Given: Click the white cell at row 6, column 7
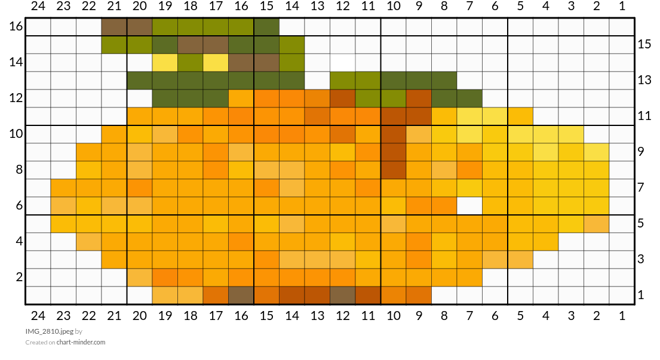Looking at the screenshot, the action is pos(469,206).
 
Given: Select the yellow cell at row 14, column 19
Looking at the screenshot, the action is pos(165,63).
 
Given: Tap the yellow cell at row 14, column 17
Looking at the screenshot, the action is pos(216,63).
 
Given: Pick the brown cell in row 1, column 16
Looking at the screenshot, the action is pos(241,296).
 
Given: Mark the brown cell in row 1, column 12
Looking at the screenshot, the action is pos(343,296).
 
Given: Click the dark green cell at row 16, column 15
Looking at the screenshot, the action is pos(266,27).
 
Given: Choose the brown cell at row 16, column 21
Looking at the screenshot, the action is pos(114,27).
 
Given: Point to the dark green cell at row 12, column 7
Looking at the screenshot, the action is pos(469,99).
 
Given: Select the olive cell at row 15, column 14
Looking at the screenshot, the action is pos(292,45).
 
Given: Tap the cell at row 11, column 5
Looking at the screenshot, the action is pos(520,116).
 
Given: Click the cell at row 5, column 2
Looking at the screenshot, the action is pos(597,224).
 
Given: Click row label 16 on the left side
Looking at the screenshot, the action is pos(16,26).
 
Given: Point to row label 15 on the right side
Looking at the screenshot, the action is pos(644,44).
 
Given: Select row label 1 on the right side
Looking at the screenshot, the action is pos(641,294).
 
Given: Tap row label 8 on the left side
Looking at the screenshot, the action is pos(19,169).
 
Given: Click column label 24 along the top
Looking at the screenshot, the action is pos(38,6).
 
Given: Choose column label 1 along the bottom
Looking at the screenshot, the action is pos(622,315).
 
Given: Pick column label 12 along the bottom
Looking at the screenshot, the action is pos(343,315).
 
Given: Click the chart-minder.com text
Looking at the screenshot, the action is pos(81,342).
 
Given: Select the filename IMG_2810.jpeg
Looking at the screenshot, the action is pos(49,331).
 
